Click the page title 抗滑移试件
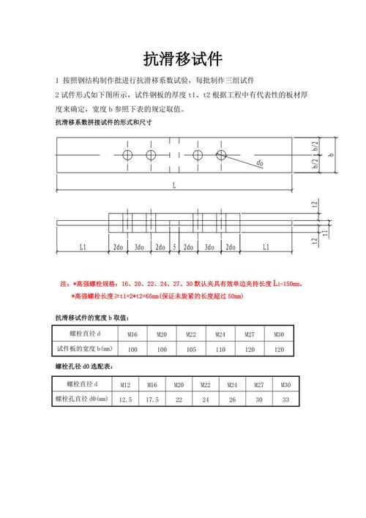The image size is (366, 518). [x=182, y=59]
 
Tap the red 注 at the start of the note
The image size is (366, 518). [x=63, y=283]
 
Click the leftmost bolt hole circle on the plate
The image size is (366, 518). [x=127, y=155]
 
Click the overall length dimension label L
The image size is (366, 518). [x=174, y=186]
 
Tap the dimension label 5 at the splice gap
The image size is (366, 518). [x=175, y=247]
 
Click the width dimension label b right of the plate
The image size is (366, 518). [x=330, y=155]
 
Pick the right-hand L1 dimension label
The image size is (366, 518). [x=265, y=247]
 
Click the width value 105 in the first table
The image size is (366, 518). [x=191, y=350]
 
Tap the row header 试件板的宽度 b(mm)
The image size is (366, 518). [x=83, y=349]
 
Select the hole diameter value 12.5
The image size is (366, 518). [x=125, y=400]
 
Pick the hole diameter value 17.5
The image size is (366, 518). [x=152, y=400]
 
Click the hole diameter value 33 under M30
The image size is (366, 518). [x=285, y=400]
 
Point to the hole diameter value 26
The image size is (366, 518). [x=232, y=400]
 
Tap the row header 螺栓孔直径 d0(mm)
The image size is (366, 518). [x=81, y=399]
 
